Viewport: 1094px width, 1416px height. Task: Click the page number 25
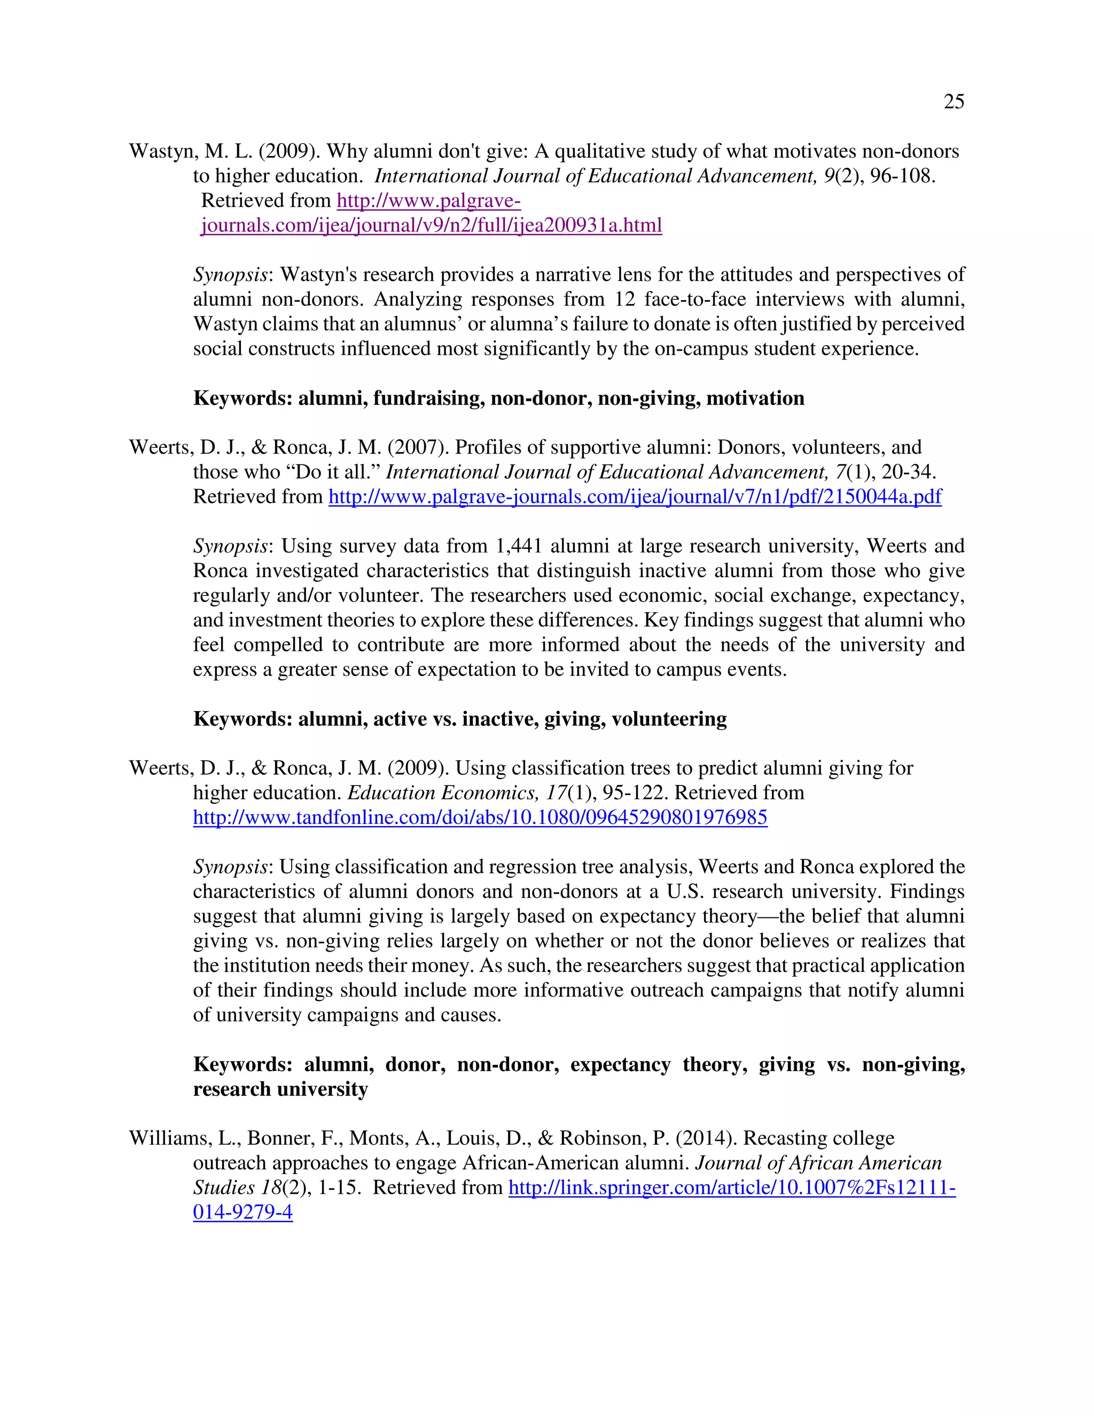954,102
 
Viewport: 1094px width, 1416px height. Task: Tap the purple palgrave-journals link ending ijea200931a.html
431,225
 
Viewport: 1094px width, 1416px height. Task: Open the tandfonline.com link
480,818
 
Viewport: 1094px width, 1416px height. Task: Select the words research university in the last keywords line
280,1089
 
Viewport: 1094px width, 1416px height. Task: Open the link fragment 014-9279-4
243,1212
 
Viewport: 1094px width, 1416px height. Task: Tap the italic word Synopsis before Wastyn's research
230,275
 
